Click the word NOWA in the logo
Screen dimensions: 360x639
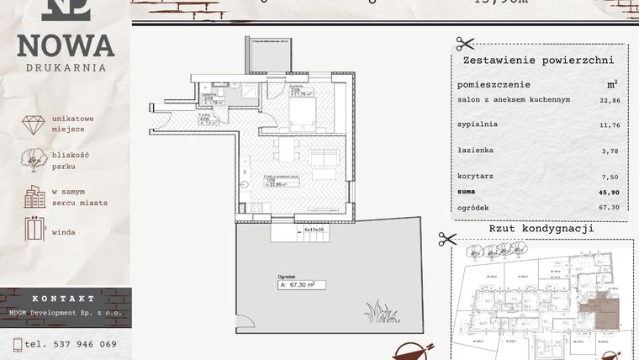pos(66,45)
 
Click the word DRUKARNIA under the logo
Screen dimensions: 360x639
pos(66,67)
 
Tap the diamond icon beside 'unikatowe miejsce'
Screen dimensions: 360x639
pos(34,124)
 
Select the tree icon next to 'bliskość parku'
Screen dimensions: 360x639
pos(34,160)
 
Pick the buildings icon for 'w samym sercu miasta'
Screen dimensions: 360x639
pos(34,197)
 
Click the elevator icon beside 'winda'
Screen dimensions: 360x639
pos(34,230)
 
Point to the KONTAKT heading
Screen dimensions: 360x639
pos(64,299)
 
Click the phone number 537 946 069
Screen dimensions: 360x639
pos(83,344)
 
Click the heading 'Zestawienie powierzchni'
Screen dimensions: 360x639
pos(538,61)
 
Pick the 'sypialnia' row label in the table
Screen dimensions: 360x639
pos(478,124)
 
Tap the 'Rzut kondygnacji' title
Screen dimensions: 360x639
pos(541,229)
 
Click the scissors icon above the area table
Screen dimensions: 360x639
pos(465,44)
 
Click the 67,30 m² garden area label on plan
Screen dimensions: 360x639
pos(301,285)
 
